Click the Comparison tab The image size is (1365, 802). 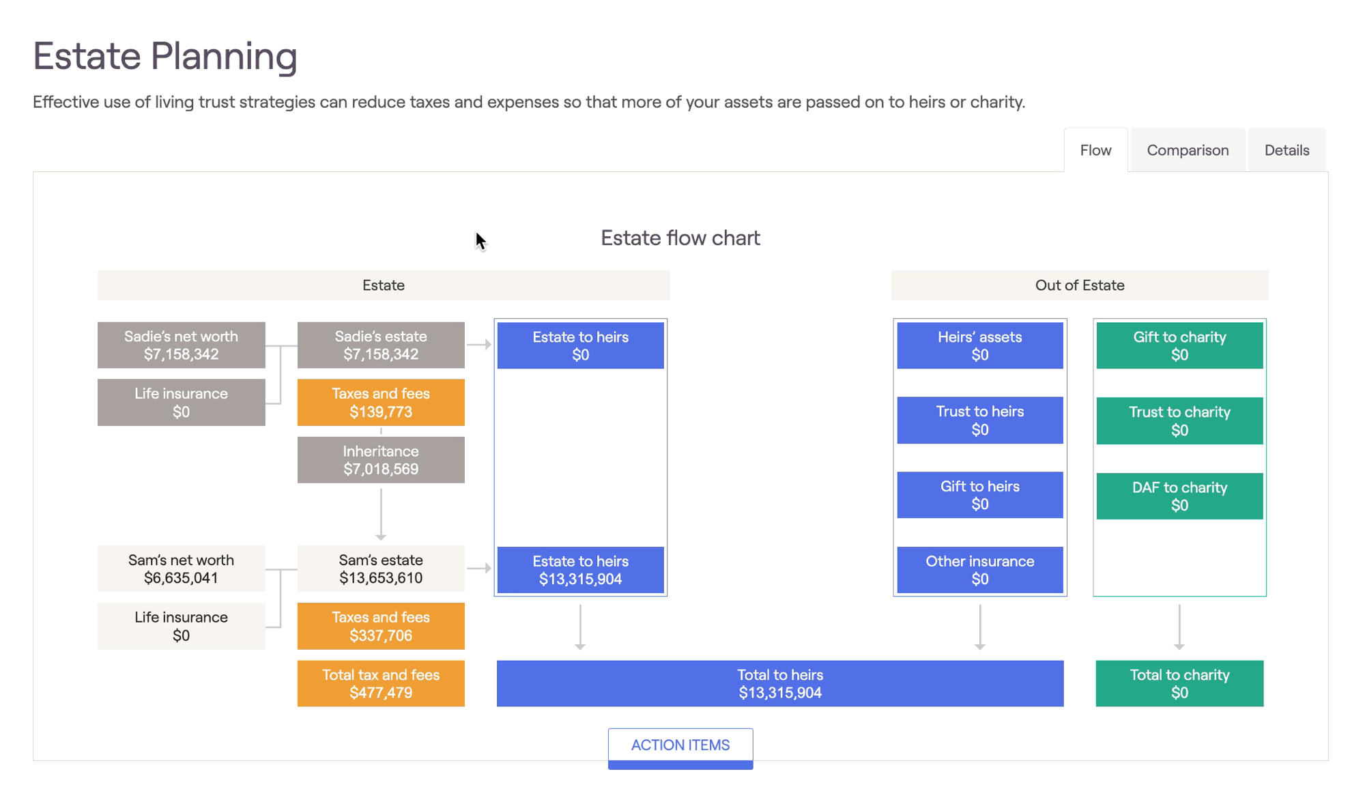coord(1188,150)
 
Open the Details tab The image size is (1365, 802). coord(1287,150)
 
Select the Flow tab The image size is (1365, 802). coord(1095,150)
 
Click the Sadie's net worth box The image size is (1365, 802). coord(181,345)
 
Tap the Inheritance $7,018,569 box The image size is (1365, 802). coord(381,460)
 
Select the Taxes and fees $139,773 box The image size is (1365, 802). coord(381,403)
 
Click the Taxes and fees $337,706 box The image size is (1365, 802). coord(381,626)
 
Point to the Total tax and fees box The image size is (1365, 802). coord(381,683)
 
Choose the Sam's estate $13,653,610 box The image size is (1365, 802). coord(381,569)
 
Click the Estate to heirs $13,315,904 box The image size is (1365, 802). coord(580,570)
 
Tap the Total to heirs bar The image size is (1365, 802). coord(780,683)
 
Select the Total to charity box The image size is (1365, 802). coord(1179,683)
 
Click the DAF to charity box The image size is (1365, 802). coord(1179,496)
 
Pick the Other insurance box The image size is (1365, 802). coord(980,570)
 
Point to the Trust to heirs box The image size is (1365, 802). coord(980,420)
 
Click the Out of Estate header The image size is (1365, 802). coord(1080,285)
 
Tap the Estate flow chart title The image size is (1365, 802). coord(680,238)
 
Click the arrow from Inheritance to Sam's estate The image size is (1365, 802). coord(381,514)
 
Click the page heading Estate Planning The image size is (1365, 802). coord(165,56)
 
